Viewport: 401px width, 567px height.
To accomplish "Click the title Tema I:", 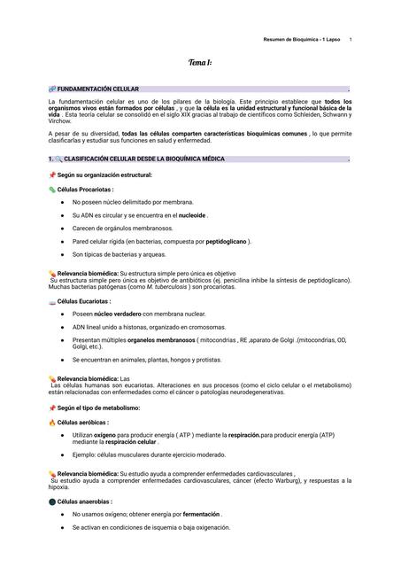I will (x=199, y=64).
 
